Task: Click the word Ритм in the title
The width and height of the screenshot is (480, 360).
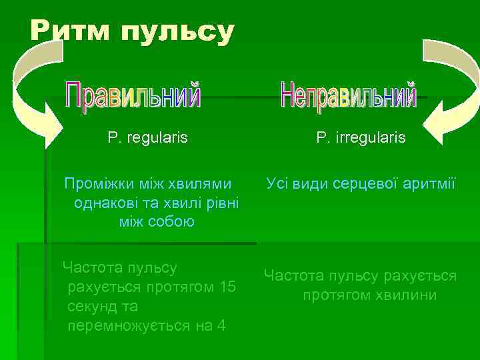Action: (x=71, y=31)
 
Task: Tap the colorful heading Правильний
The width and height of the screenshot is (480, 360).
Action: (x=133, y=96)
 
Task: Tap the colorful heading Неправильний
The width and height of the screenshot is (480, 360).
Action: (x=348, y=96)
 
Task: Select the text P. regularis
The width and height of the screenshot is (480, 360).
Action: (x=147, y=138)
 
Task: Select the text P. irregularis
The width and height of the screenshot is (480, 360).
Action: (x=361, y=138)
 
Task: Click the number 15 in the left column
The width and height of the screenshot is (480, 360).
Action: (x=227, y=287)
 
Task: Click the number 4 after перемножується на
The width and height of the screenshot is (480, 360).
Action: (x=221, y=326)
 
